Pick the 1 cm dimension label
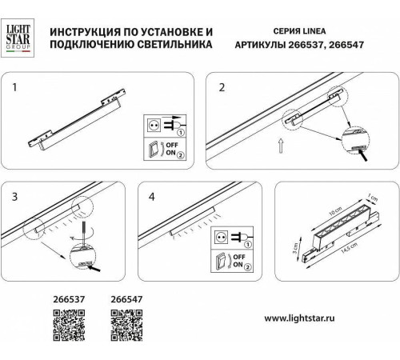[369, 198]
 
